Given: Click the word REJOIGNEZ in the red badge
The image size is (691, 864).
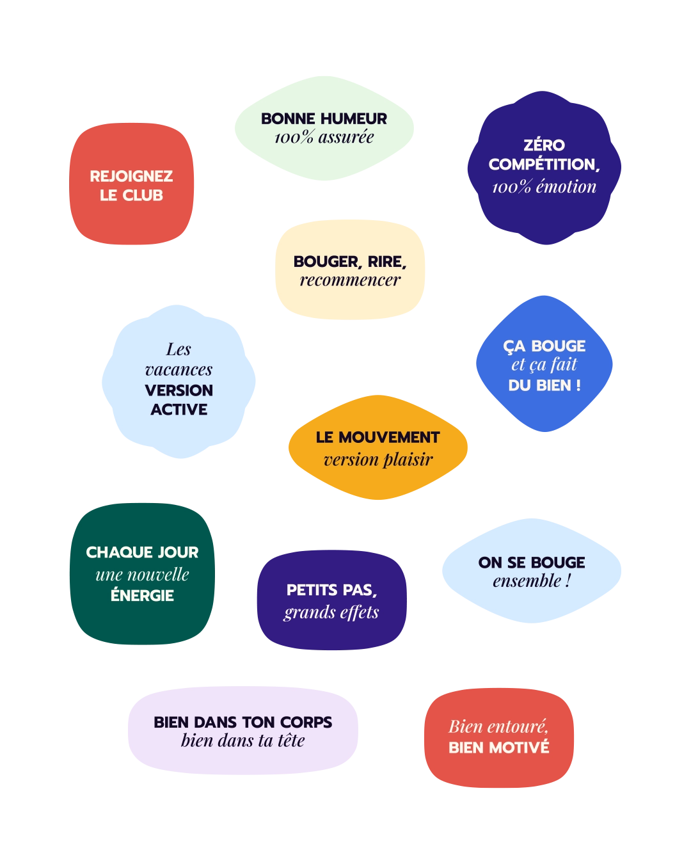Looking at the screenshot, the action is (x=131, y=176).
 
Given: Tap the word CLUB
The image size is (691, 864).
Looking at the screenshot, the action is (x=143, y=196).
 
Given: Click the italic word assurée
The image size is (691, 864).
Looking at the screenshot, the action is (x=346, y=138).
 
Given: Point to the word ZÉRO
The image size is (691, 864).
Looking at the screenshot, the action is (x=544, y=145).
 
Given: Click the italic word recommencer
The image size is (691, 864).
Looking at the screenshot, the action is (x=350, y=280).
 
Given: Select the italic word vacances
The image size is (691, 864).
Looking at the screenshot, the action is (x=179, y=370).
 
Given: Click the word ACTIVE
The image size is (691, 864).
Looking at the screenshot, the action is (x=179, y=410).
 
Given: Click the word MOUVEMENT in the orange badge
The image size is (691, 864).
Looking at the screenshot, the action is (x=390, y=437).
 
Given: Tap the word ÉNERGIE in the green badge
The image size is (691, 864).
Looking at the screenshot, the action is (x=142, y=595).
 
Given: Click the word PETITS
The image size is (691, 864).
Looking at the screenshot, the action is (x=312, y=590).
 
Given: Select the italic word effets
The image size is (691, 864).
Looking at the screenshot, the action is (x=360, y=612).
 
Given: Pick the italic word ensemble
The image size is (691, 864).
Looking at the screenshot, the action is (x=527, y=581).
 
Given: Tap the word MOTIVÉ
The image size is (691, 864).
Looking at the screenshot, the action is (x=523, y=748).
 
